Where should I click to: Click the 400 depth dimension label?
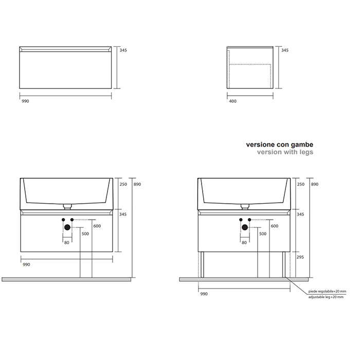(232, 101)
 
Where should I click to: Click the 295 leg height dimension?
(300, 257)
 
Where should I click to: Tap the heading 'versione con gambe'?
(280, 145)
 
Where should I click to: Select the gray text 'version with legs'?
(285, 152)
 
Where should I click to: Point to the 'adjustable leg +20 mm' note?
(326, 297)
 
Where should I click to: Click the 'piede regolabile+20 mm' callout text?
(327, 292)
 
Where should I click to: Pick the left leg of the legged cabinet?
(202, 265)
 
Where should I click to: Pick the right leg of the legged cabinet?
(284, 265)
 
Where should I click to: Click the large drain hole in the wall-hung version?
(67, 227)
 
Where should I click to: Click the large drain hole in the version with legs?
(245, 227)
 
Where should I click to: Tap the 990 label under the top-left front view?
(25, 101)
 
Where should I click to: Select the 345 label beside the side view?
(285, 50)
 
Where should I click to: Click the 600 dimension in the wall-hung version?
(97, 226)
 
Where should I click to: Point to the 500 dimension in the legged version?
(263, 234)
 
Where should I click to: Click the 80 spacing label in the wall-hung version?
(66, 243)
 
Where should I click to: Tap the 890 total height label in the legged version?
(315, 184)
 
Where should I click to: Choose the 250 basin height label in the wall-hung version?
(123, 184)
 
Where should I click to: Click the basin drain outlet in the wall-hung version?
(67, 207)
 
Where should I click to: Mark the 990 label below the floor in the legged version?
(204, 294)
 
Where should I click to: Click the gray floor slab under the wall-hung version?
(66, 279)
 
